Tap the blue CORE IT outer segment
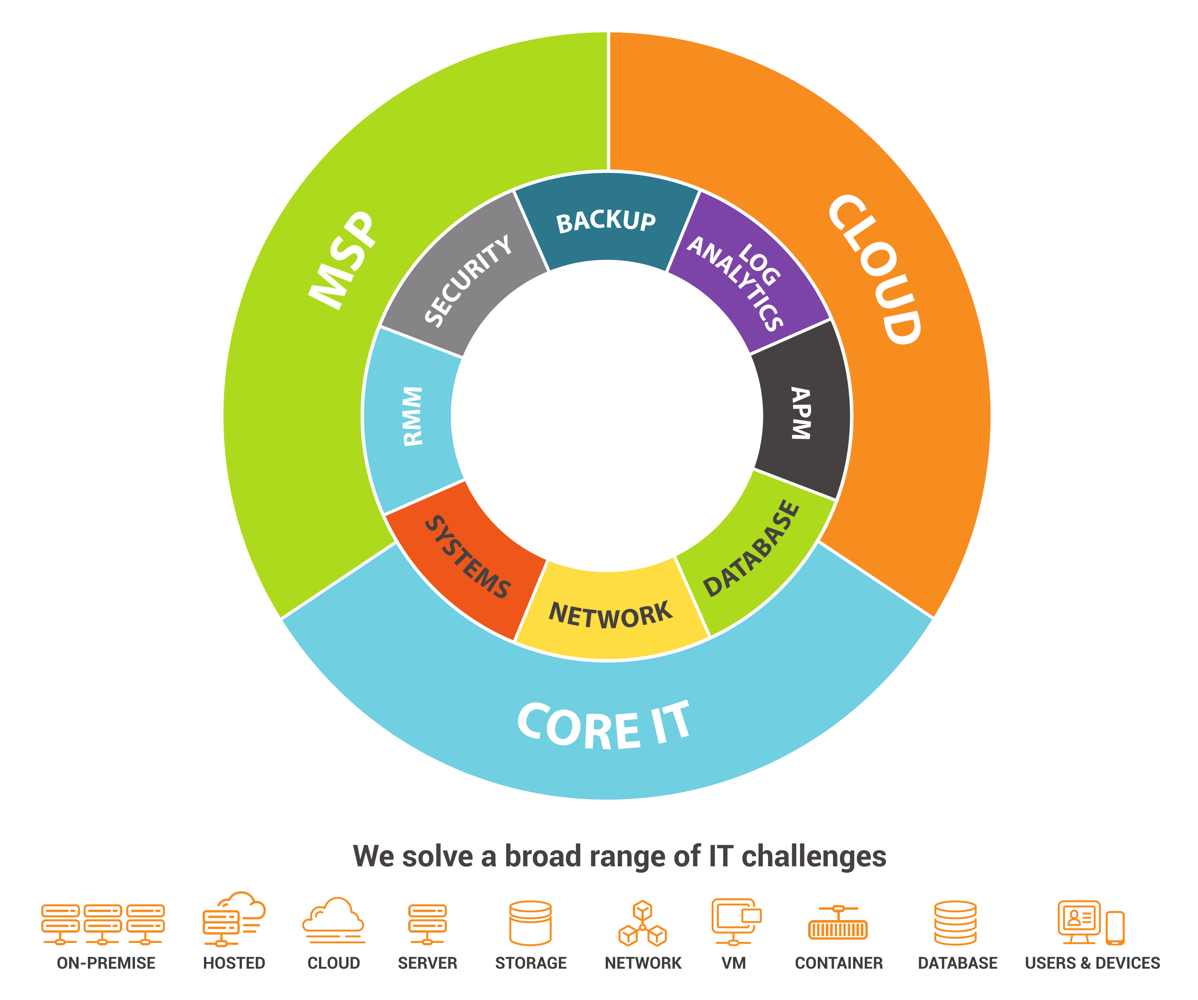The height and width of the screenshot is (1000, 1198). click(x=605, y=725)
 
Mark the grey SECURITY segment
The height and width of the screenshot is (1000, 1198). click(x=468, y=280)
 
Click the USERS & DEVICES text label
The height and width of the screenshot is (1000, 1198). click(x=1092, y=963)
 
